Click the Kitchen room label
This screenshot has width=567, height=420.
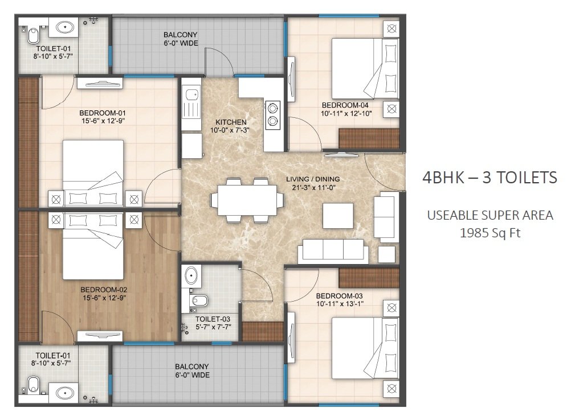tap(231, 122)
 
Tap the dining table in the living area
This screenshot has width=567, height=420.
tap(247, 200)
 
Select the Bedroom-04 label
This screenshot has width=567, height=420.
tap(345, 105)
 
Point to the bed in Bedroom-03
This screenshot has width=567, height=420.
tap(365, 348)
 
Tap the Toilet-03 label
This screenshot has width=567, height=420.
tap(213, 319)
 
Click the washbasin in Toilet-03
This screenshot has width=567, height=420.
tap(191, 276)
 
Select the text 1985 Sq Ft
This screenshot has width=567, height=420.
tap(490, 233)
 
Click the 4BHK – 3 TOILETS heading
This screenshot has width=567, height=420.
tap(490, 178)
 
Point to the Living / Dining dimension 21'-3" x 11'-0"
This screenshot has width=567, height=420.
tap(313, 187)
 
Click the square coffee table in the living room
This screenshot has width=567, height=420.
tap(338, 216)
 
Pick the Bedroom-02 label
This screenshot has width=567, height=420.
tap(104, 290)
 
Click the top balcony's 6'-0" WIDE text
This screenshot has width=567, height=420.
tap(181, 43)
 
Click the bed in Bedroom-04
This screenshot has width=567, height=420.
tap(365, 68)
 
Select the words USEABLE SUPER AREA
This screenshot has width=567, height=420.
tap(490, 215)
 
